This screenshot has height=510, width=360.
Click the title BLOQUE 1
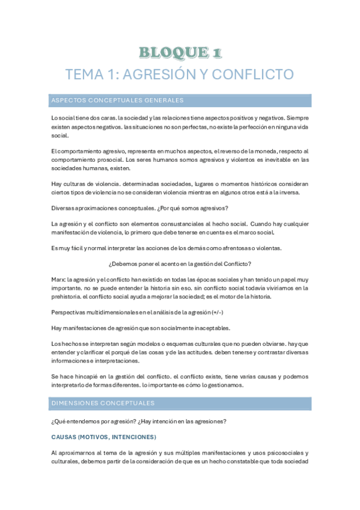(x=180, y=52)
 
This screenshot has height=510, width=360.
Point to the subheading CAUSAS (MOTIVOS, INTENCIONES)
(x=103, y=437)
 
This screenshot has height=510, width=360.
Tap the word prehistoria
(x=69, y=296)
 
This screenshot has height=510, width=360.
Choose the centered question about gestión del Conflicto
(x=180, y=263)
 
